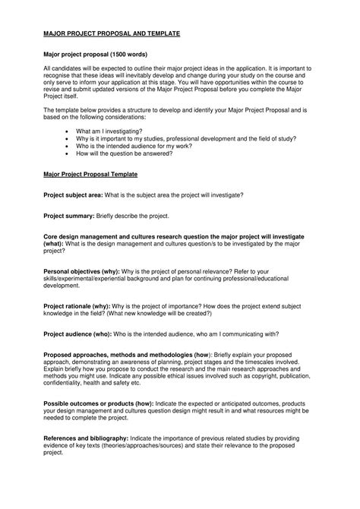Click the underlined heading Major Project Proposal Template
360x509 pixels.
(101, 174)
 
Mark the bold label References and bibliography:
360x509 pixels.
(86, 438)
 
